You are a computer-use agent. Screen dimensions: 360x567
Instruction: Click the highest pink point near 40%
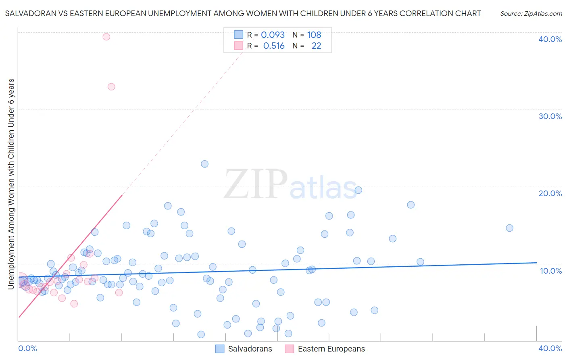tap(106, 37)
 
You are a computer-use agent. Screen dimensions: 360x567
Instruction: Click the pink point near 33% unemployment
tap(111, 87)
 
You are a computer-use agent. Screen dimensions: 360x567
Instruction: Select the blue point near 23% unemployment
tap(204, 164)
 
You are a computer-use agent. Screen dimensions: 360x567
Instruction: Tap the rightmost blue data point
tap(509, 228)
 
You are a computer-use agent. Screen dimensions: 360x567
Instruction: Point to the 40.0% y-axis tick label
tap(550, 39)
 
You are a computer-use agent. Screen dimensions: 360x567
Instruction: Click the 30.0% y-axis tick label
tap(550, 116)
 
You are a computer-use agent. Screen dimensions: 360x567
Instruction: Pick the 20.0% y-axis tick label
tap(550, 193)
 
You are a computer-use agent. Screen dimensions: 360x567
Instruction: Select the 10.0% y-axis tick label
tap(550, 271)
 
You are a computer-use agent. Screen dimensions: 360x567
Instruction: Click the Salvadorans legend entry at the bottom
tap(250, 349)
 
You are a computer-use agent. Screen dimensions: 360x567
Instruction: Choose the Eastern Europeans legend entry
tap(331, 349)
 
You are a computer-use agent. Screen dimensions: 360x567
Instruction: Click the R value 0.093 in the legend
tap(273, 35)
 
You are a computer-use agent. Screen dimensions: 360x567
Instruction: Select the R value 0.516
tap(274, 46)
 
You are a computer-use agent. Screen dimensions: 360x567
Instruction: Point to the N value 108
tap(314, 35)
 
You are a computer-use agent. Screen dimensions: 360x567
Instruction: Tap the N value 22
tap(316, 46)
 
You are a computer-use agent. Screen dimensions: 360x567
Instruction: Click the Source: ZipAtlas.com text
tap(531, 14)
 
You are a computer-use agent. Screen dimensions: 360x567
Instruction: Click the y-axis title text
tap(11, 184)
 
